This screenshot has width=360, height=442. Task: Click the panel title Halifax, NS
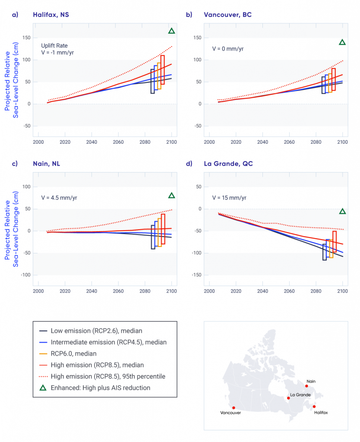tap(51, 15)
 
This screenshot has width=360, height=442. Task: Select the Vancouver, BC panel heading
tap(227, 15)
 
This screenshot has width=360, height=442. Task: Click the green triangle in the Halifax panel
tap(171, 31)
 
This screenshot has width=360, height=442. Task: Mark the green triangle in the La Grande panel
tap(342, 212)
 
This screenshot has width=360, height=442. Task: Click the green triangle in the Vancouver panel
tap(342, 42)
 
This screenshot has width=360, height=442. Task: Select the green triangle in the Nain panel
tap(171, 196)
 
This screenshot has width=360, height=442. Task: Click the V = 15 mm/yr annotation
tap(229, 198)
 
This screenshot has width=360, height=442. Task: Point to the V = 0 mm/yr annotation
tap(227, 49)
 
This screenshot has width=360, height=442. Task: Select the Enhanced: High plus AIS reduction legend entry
tap(100, 388)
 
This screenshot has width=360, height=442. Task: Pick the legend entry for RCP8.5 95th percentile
tap(108, 376)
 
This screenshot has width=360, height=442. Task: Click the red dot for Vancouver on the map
tap(234, 407)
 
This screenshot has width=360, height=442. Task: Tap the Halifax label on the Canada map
tap(321, 413)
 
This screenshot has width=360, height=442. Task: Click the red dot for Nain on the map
tap(306, 386)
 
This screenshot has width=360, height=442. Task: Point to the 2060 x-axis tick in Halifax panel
tap(118, 142)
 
